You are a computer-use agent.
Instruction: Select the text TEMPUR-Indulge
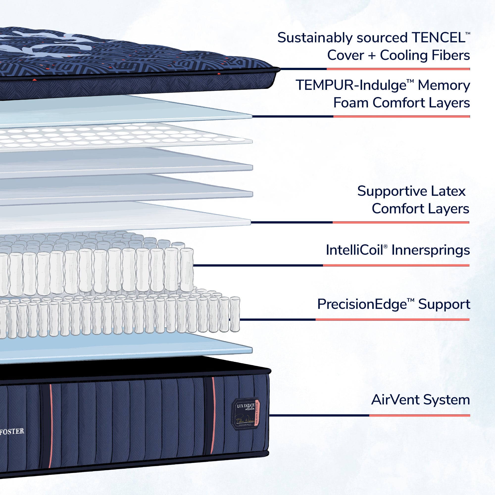point(351,85)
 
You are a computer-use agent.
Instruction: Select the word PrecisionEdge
point(362,304)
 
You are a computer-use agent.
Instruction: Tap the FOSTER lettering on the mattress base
point(12,432)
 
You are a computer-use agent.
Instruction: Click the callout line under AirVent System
point(369,415)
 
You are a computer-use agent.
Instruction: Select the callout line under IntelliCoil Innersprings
point(330,265)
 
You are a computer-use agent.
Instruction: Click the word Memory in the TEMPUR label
point(444,85)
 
